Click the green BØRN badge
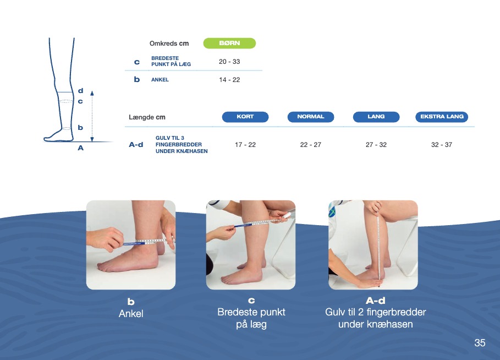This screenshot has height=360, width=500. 229,43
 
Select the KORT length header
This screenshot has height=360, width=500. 245,117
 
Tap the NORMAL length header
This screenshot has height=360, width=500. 311,117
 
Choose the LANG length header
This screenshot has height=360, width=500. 376,117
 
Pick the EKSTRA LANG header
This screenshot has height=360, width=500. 442,117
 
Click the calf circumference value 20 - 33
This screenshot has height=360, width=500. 229,62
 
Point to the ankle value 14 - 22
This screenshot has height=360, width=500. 229,80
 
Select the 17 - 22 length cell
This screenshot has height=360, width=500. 245,145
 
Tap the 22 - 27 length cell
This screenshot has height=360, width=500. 311,145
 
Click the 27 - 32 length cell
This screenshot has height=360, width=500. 376,145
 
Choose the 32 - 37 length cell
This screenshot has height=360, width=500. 442,145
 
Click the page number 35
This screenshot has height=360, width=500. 480,343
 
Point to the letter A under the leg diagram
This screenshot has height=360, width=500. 81,148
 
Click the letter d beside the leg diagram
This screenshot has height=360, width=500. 81,91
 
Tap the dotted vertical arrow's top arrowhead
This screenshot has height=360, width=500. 92,93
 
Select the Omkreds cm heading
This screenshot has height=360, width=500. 169,43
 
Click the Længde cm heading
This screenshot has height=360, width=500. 147,117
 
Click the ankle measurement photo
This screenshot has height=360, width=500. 131,245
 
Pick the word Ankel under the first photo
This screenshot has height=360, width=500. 131,313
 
